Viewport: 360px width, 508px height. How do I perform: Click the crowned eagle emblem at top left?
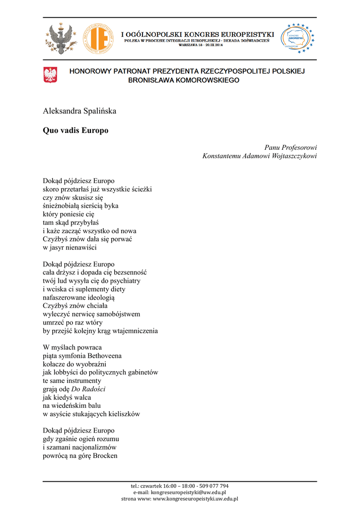60,38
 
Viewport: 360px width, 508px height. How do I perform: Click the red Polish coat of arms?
50,75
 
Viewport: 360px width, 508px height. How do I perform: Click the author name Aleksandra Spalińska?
79,111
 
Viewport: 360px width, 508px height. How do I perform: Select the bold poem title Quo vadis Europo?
75,130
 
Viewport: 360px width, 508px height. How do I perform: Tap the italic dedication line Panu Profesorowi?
290,147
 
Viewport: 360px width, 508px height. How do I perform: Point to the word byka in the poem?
111,205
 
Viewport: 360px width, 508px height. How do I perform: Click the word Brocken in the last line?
105,455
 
